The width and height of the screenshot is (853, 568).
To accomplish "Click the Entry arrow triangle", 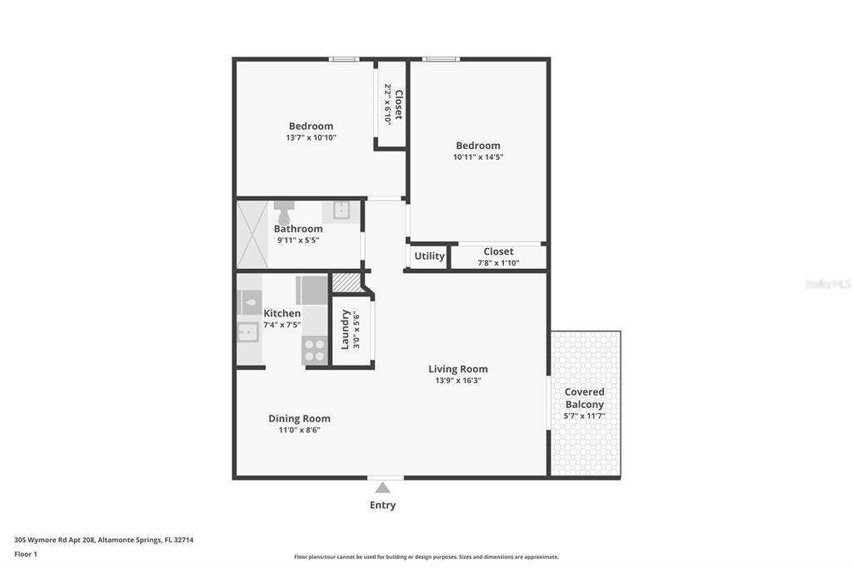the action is [382, 487].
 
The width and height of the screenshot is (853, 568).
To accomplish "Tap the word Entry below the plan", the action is [382, 505].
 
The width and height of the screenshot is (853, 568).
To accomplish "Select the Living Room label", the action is [458, 369].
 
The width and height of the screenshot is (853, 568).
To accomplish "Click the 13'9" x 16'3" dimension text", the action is [458, 381].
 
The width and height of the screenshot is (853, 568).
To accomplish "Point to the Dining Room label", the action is [299, 418].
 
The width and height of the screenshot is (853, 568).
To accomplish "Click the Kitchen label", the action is [282, 313].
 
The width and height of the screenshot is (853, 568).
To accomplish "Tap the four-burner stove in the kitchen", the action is [314, 351].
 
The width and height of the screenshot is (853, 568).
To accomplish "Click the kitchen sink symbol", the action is [248, 331].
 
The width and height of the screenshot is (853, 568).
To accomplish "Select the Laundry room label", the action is [344, 329].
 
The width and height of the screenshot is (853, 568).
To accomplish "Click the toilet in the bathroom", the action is [284, 212].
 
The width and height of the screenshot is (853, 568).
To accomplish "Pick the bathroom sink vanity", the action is [341, 211].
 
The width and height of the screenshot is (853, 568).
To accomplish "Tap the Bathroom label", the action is [298, 228].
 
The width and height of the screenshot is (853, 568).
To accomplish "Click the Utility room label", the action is [429, 256].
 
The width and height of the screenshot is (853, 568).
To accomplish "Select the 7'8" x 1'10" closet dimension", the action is [498, 263].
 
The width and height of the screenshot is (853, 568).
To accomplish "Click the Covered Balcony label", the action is [584, 398].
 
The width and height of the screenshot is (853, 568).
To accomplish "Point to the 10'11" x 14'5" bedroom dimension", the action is [478, 157].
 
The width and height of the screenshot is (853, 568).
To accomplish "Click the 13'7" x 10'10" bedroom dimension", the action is [312, 137].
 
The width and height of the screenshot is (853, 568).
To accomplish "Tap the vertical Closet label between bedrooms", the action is [399, 104].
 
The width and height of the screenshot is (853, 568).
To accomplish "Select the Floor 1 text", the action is [26, 555].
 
